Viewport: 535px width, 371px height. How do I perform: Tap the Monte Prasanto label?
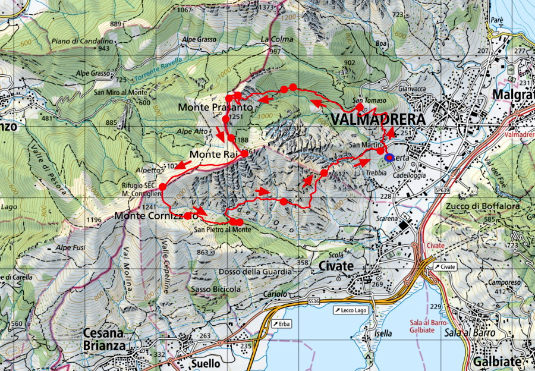[216, 108]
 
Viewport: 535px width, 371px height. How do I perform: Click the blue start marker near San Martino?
[389, 158]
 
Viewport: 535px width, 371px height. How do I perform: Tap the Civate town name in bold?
[336, 265]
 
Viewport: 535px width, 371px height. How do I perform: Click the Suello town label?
[206, 363]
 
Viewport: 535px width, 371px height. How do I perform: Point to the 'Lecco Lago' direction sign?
[351, 310]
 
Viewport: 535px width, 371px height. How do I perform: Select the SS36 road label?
[314, 302]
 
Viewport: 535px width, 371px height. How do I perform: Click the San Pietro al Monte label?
[224, 229]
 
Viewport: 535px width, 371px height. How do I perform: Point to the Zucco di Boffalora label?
[481, 206]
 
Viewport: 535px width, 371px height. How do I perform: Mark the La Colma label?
[274, 39]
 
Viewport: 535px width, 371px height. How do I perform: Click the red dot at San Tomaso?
[360, 107]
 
